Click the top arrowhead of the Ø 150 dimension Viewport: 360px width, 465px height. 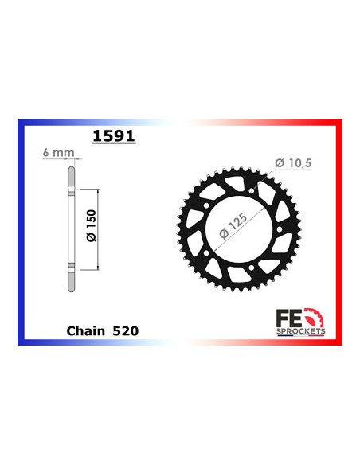(96, 192)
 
